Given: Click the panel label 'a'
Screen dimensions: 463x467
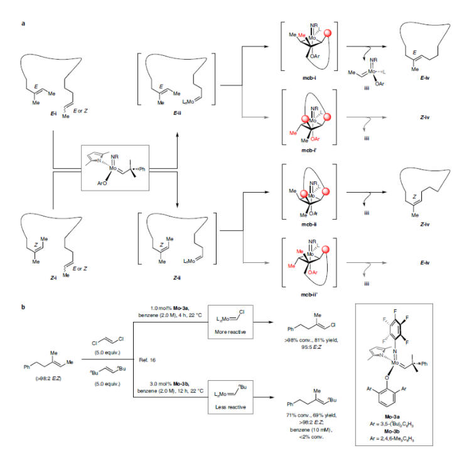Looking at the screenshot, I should click(23, 23).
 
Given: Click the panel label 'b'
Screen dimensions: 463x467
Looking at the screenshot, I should click(23, 307).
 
